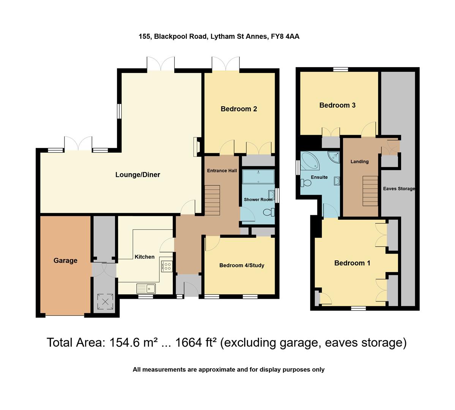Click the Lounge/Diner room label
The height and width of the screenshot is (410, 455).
click(x=137, y=175)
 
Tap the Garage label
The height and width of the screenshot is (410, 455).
click(x=65, y=260)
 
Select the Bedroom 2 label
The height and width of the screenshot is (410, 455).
click(x=239, y=109)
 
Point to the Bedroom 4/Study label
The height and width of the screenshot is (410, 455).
click(x=242, y=265)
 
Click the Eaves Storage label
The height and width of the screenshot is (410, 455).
click(x=399, y=189)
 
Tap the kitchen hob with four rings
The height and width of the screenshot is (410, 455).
click(x=167, y=266)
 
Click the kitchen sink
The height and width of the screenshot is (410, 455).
click(x=146, y=289)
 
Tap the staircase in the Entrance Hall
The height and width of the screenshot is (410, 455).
click(x=213, y=200)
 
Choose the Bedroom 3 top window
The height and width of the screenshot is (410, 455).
click(x=341, y=69)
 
